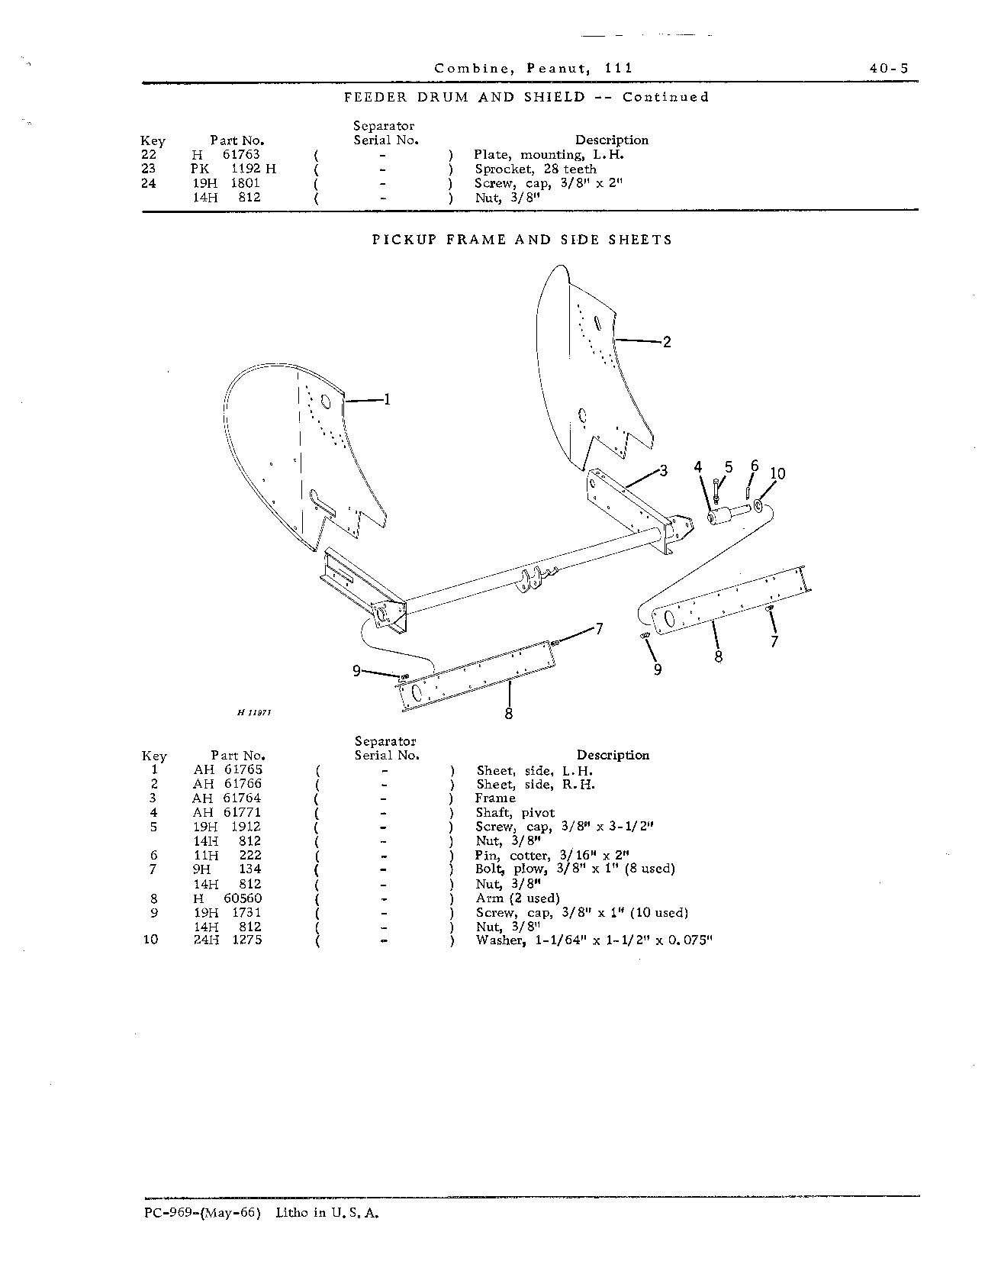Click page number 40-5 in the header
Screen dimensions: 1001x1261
click(888, 68)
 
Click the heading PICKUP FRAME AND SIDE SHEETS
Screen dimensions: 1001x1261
click(522, 240)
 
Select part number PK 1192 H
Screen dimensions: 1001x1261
click(234, 169)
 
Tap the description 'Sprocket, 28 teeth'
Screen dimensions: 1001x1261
click(536, 169)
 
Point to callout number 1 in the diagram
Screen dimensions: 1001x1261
click(387, 398)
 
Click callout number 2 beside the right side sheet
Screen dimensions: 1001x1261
click(667, 342)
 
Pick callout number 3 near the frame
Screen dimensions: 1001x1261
click(663, 471)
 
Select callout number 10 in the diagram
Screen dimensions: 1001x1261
click(777, 473)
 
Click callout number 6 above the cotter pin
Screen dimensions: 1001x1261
click(755, 466)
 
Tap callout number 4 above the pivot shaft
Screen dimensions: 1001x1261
click(697, 467)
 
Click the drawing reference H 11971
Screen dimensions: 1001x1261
click(255, 711)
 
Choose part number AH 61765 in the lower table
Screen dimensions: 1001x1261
click(227, 769)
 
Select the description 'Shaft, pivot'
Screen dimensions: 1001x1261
click(515, 813)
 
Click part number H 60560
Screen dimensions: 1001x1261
click(227, 898)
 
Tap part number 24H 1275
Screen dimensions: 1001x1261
click(227, 940)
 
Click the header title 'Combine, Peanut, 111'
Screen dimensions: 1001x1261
click(533, 68)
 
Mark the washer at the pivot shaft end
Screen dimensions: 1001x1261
click(761, 506)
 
